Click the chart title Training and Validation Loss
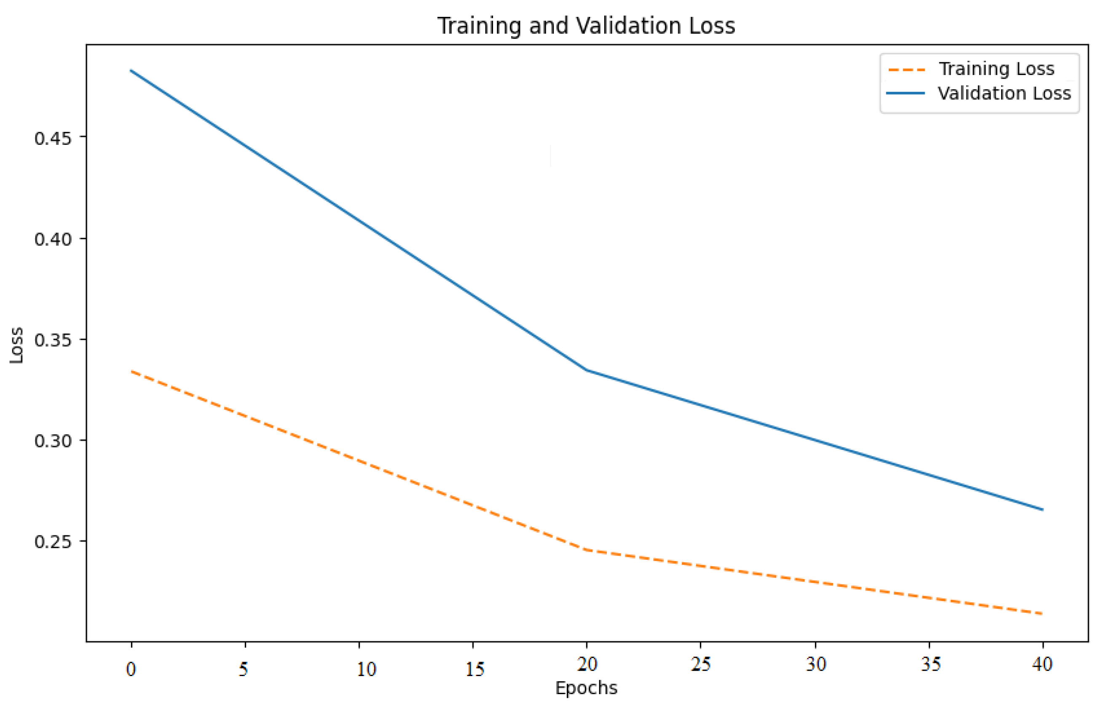pos(586,26)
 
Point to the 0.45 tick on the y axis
pos(53,138)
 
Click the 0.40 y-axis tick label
pos(53,239)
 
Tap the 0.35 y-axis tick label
pos(53,340)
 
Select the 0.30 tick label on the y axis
pos(53,441)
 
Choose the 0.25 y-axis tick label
pos(53,542)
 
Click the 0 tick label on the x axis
pos(131,669)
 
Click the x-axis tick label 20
pos(588,664)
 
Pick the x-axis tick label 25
pos(701,664)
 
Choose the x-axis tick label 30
pos(816,664)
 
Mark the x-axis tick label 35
pos(930,664)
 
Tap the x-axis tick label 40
pos(1043,664)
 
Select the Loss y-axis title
pos(16,345)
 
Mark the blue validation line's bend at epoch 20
pos(587,370)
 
